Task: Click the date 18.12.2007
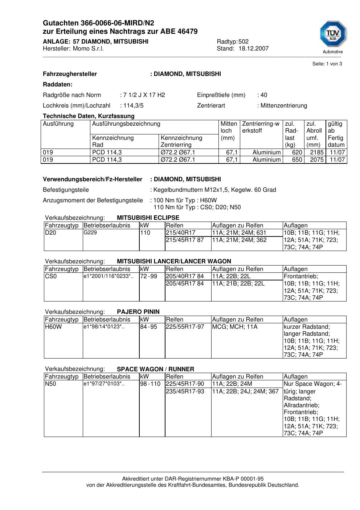click(253, 49)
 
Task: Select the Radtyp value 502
click(243, 41)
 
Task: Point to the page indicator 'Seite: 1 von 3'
click(327, 64)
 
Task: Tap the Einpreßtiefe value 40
click(263, 95)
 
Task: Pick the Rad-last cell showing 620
click(297, 153)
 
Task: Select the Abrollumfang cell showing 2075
click(316, 160)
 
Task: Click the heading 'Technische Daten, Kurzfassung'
click(89, 116)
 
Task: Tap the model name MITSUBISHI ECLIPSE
click(148, 218)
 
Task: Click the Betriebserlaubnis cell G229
click(90, 232)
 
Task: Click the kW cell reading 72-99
click(148, 276)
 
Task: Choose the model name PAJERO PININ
click(138, 312)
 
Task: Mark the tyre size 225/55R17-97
click(185, 327)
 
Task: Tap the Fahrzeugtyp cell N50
click(51, 384)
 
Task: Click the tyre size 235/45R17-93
click(185, 392)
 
